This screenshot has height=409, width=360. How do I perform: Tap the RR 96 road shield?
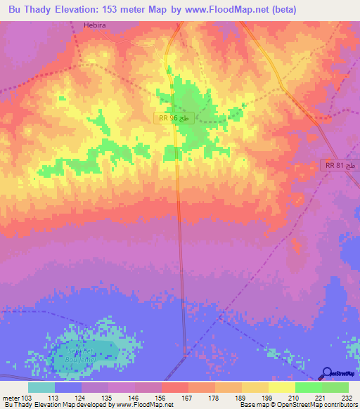coord(174,119)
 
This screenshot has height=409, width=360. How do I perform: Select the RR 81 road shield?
coord(340,165)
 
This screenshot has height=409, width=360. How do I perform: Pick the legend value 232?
coord(347,397)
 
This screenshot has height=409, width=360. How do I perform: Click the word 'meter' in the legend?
coord(11,397)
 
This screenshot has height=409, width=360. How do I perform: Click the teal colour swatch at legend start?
coord(41,387)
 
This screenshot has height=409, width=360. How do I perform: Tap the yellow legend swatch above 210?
coord(281,387)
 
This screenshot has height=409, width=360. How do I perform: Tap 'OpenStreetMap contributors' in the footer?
coord(321,405)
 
